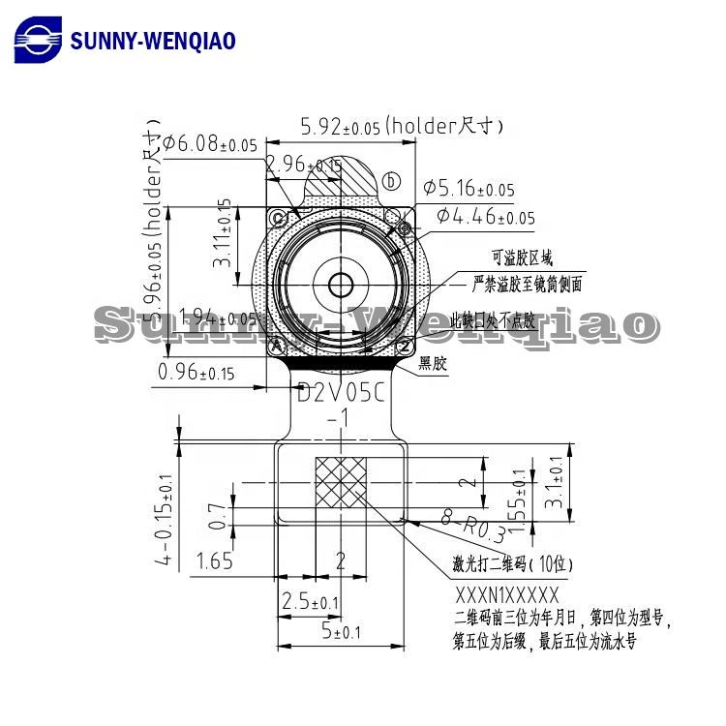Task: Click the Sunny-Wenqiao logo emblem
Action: coord(37,40)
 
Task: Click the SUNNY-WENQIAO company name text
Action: coord(153,41)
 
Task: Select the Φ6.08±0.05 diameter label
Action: coord(210,144)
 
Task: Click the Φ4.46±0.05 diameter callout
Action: coord(485,217)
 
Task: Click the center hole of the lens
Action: coord(341,285)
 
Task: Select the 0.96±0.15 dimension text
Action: coord(196,372)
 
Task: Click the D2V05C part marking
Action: coord(340,394)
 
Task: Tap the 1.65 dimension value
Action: coord(215,560)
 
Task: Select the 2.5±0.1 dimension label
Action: coord(310,603)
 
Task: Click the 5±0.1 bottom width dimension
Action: coord(340,632)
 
